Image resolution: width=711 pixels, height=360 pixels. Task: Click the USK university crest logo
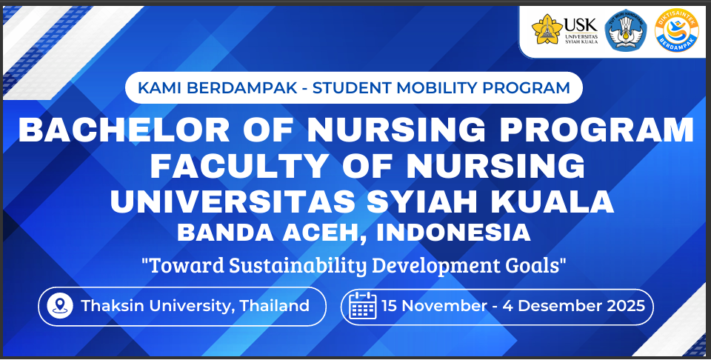click(x=547, y=30)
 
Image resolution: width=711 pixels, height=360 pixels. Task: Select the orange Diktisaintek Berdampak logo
click(x=677, y=31)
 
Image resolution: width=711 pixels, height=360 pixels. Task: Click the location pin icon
click(x=59, y=306)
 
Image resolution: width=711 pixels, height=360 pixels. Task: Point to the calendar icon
click(x=363, y=306)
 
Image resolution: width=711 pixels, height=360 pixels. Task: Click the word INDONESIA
click(x=454, y=233)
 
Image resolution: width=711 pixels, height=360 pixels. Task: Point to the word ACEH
click(x=327, y=233)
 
